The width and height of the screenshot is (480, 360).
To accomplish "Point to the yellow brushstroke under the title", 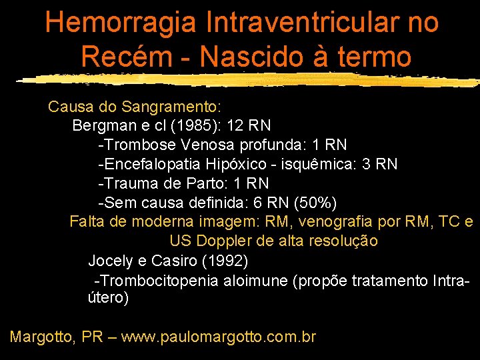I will pyautogui.click(x=247, y=80).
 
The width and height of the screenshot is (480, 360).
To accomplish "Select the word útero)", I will pyautogui.click(x=109, y=298).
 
